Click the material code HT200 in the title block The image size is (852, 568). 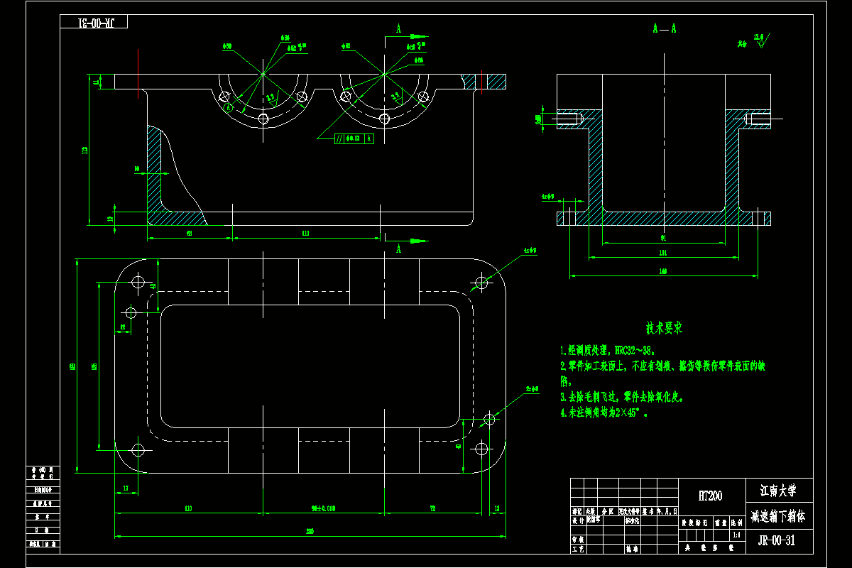point(710,496)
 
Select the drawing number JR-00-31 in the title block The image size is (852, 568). point(780,540)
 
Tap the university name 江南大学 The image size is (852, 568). point(779,491)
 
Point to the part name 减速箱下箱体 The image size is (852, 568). point(779,516)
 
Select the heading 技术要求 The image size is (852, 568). point(664,329)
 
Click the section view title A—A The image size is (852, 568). point(664,28)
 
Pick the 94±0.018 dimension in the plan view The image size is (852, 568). point(323,508)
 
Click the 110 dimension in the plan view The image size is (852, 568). point(188,508)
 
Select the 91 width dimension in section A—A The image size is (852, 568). point(662,238)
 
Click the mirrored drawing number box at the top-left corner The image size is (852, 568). point(93,22)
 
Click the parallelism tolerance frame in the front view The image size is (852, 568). point(354,138)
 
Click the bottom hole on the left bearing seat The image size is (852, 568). point(263,119)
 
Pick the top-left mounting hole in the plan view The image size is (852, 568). point(138,283)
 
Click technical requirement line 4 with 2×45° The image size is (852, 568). point(605,412)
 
